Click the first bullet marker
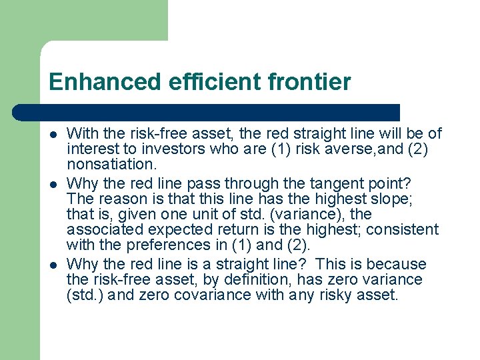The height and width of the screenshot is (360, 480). coord(54,135)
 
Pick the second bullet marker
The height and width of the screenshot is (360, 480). coord(54,183)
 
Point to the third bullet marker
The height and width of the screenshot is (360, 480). coord(54,265)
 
